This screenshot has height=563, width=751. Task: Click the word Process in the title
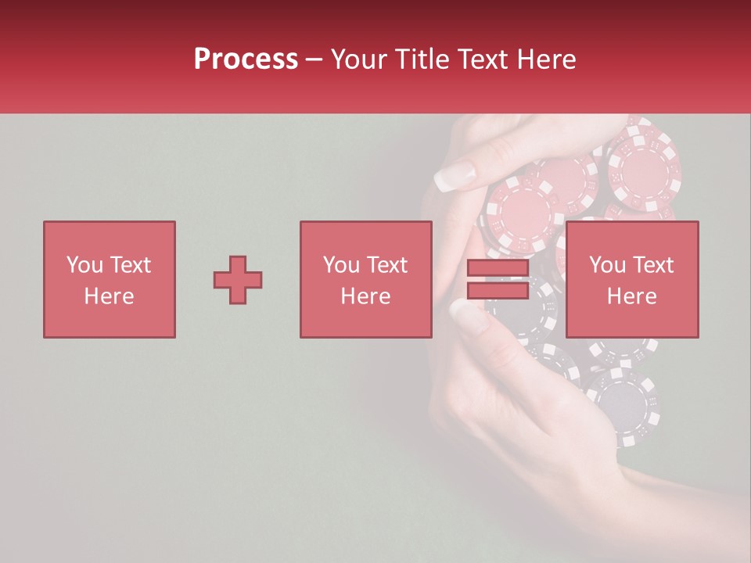point(246,59)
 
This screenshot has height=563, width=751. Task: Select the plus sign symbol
point(238,280)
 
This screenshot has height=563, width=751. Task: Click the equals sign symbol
point(498,280)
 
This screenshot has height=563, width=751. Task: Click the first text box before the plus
point(110,279)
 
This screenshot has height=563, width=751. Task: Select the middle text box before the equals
point(366,279)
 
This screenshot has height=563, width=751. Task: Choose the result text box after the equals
point(632,279)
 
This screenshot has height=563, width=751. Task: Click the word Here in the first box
point(110,296)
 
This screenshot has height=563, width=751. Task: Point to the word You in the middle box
point(341,265)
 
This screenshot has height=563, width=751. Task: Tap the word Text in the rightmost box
point(653,265)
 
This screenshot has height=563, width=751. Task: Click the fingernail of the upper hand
point(455,176)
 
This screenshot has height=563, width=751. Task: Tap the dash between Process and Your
point(314,59)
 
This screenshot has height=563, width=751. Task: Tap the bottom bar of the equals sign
point(498,291)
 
